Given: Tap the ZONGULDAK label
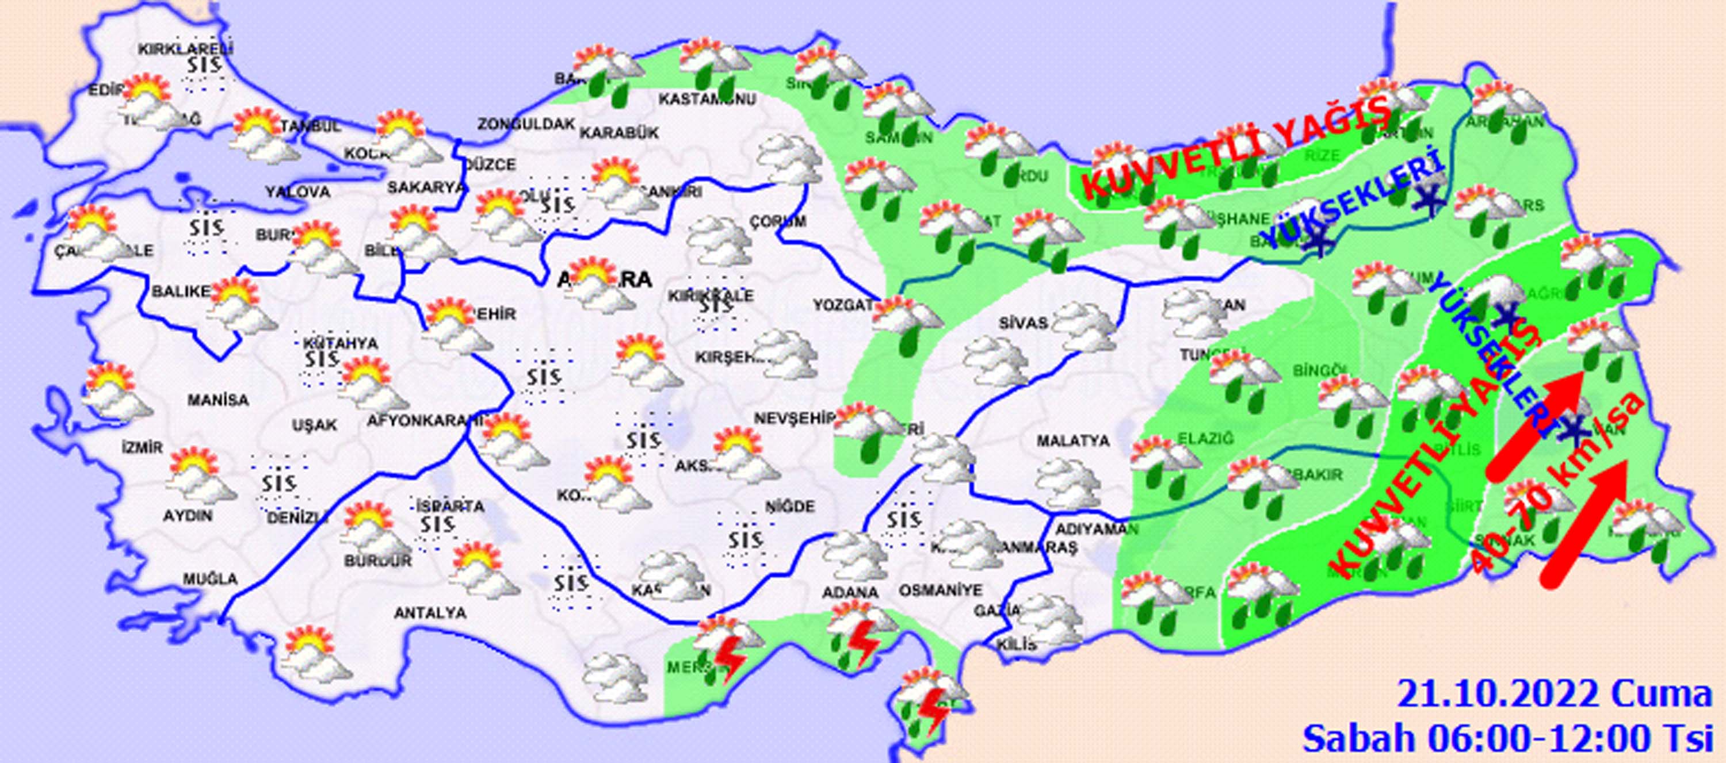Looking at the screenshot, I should tap(526, 124).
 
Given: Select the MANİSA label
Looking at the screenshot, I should tap(217, 401).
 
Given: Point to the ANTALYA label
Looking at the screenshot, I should tap(430, 613).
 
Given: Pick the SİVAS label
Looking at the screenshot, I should tap(1022, 323).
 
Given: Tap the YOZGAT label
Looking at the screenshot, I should tap(843, 305).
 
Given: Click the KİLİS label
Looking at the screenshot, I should tap(1017, 645).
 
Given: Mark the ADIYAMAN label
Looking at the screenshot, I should tap(1094, 529).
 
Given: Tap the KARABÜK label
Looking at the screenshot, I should tap(619, 133).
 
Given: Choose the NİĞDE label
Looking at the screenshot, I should tap(791, 507).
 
